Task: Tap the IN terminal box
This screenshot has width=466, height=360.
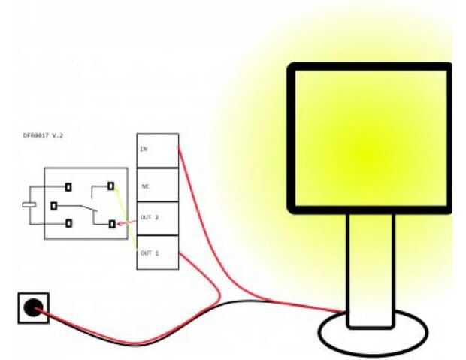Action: click(157, 150)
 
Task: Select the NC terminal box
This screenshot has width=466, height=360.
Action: click(157, 184)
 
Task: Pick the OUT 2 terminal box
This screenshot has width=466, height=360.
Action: click(157, 219)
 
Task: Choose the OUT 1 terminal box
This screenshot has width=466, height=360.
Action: click(157, 253)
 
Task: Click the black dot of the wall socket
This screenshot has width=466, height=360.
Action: click(32, 308)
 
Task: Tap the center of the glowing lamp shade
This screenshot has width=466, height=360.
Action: click(370, 139)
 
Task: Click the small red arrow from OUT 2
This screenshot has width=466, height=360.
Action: click(128, 222)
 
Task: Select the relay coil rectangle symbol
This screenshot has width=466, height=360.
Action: click(29, 204)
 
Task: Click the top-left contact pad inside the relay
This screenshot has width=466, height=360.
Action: click(68, 187)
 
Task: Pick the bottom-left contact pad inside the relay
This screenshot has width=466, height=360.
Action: click(68, 223)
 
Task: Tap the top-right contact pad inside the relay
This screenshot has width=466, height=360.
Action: click(111, 186)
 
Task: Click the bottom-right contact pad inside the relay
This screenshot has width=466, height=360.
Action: click(111, 224)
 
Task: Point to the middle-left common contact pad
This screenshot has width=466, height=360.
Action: click(53, 205)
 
